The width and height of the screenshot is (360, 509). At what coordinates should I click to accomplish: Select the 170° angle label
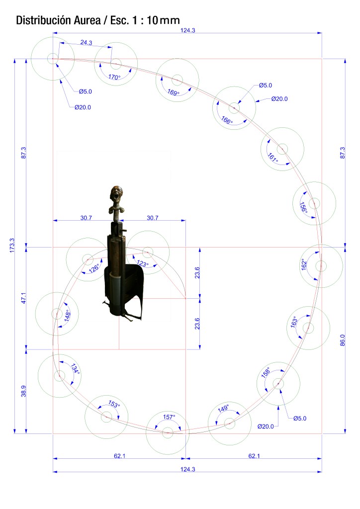pos(114,77)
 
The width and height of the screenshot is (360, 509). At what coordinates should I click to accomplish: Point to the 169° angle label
pos(173,92)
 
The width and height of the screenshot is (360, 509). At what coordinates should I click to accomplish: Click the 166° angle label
pos(227,120)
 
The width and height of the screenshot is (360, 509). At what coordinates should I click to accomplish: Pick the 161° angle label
pos(272,157)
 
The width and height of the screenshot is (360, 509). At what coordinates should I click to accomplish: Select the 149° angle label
pos(223,409)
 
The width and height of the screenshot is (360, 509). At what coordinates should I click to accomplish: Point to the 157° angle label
pos(169,417)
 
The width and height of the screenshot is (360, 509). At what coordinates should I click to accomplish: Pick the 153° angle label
pos(114,405)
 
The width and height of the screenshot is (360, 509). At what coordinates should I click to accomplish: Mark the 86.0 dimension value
pos(342,340)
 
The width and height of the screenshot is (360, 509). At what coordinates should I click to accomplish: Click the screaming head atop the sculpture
pos(116,194)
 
